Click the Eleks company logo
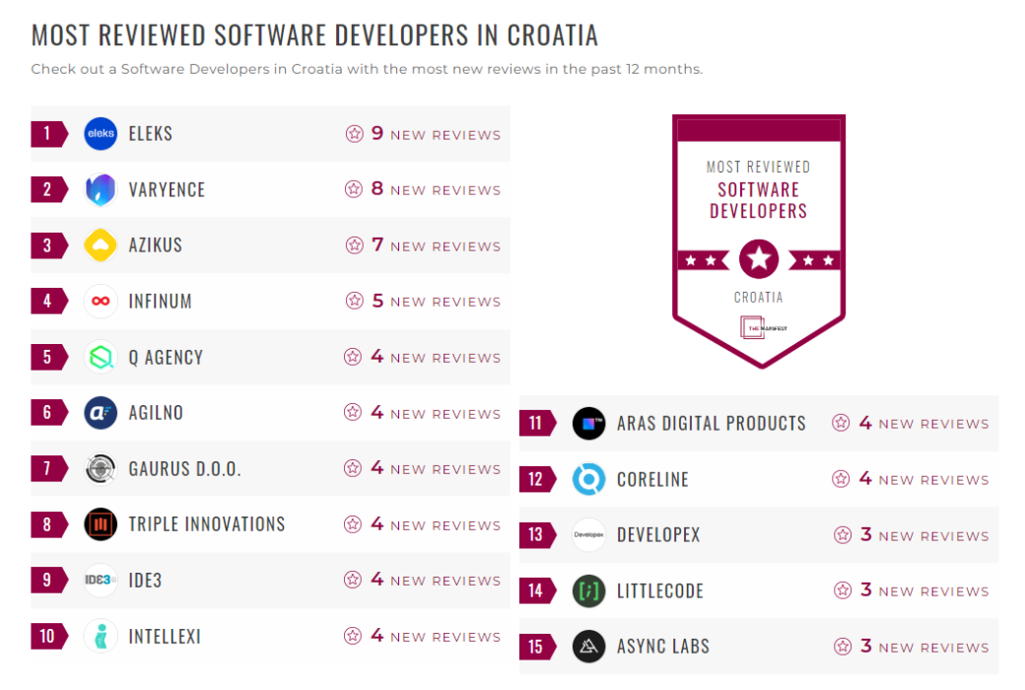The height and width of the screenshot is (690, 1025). point(101,134)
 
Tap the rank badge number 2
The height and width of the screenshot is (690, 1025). point(46,189)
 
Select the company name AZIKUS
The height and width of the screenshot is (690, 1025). point(155,245)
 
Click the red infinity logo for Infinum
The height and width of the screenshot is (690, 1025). point(101,302)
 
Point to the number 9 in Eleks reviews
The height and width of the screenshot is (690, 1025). point(376,133)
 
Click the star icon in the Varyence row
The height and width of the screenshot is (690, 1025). point(353,189)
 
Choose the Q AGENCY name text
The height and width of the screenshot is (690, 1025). point(166,358)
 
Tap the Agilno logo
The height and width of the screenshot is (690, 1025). point(101,413)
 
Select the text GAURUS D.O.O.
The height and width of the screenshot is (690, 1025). point(184,469)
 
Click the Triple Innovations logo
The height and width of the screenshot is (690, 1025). point(101,524)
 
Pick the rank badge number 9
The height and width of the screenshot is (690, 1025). point(46,581)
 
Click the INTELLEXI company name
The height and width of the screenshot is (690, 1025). point(165,637)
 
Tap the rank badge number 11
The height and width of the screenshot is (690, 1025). point(535,424)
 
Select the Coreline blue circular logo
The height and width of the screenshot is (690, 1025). point(588,479)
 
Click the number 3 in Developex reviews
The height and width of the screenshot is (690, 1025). point(866,535)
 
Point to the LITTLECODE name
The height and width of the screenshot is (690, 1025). point(659,591)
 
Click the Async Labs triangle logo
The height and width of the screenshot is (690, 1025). point(588,647)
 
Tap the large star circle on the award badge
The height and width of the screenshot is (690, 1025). point(759,259)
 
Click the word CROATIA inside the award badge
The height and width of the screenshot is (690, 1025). point(758,297)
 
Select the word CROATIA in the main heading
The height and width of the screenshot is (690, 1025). point(552,35)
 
